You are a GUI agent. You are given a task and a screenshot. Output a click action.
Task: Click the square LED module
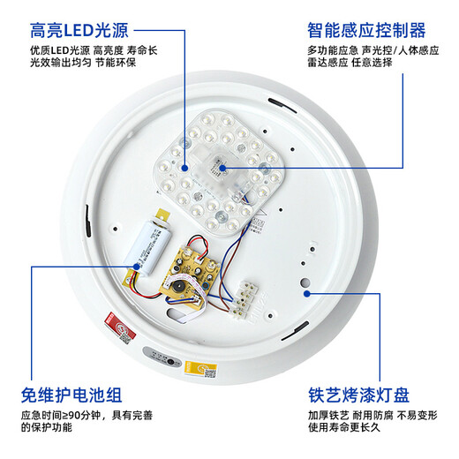coord(217,179)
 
